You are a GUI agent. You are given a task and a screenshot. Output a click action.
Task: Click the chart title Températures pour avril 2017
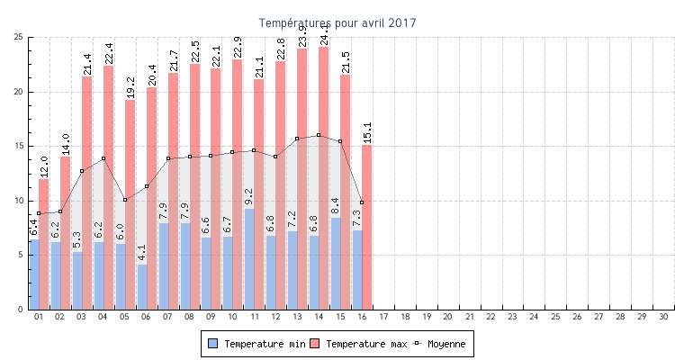(337, 22)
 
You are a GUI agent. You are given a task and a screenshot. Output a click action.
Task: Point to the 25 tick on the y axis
(19, 37)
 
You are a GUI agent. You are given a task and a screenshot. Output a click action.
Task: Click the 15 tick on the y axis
(19, 146)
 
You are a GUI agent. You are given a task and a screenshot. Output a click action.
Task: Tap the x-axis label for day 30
(663, 317)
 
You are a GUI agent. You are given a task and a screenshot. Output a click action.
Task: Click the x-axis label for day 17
(382, 317)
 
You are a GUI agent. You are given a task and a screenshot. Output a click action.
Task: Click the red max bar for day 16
(367, 225)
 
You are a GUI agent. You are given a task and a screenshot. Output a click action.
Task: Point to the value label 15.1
(367, 132)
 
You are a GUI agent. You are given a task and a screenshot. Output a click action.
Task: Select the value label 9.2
(249, 197)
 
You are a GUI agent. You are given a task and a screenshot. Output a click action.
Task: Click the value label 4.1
(142, 252)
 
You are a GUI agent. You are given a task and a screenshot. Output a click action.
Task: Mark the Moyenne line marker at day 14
(319, 135)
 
